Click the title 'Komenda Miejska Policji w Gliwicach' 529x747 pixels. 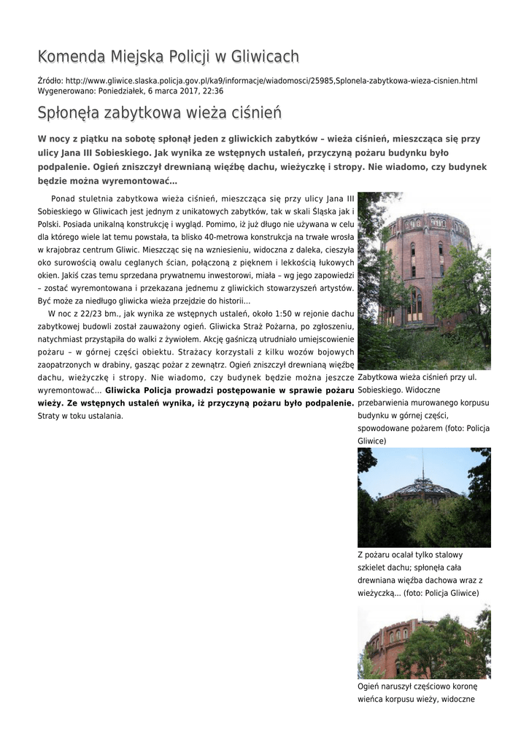coord(168,57)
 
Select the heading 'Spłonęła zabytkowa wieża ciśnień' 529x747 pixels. coord(159,114)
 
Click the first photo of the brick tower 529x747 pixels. coord(424,281)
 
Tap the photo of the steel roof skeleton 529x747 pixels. coord(424,498)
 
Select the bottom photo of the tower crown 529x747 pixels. coord(424,643)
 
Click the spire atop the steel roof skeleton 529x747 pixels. coord(422,467)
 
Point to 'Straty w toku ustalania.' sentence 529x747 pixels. coord(80,416)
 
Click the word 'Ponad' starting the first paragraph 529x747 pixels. coord(63,198)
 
